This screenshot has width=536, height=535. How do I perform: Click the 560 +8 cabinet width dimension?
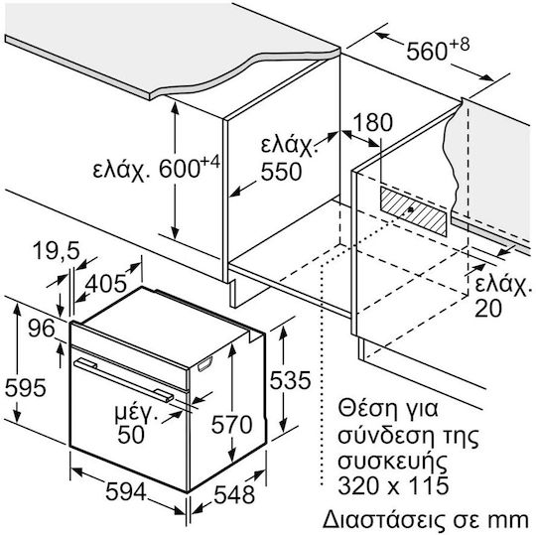[438, 50]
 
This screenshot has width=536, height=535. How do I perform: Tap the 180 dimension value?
[372, 122]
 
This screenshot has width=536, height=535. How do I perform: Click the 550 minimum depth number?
[281, 172]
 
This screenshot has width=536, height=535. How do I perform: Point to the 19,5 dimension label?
[57, 250]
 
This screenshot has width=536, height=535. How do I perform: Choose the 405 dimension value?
[105, 284]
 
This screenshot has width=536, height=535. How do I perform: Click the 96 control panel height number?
[42, 329]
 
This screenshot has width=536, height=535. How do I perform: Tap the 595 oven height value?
[26, 388]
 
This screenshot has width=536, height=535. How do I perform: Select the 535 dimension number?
[290, 380]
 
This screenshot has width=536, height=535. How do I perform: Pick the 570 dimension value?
[231, 424]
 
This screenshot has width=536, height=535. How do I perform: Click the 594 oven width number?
[126, 492]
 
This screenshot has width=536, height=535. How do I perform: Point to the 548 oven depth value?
[234, 494]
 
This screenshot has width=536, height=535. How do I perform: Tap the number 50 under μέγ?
[131, 435]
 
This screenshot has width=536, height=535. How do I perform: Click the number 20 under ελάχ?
[488, 308]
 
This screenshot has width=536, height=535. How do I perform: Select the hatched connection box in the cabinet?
[413, 212]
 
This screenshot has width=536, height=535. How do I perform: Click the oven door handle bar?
[124, 380]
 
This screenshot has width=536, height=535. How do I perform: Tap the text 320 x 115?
[393, 484]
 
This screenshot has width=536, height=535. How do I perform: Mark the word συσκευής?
[392, 462]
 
